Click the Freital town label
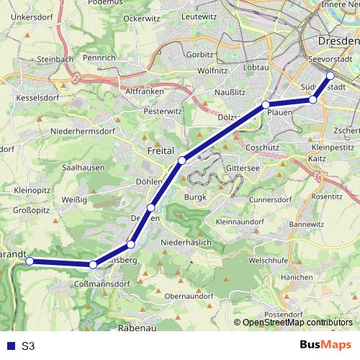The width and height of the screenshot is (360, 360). (160, 151)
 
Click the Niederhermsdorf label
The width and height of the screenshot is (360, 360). (78, 132)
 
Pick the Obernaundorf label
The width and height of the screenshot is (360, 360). (189, 295)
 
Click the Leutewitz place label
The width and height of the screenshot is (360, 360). (199, 16)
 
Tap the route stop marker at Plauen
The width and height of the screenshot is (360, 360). (266, 105)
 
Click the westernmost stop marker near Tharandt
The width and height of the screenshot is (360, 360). (30, 261)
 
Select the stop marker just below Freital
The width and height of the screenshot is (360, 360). (182, 160)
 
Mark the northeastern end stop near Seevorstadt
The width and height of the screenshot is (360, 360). (330, 76)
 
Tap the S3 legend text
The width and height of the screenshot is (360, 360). (28, 346)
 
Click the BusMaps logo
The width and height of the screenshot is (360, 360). (326, 345)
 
